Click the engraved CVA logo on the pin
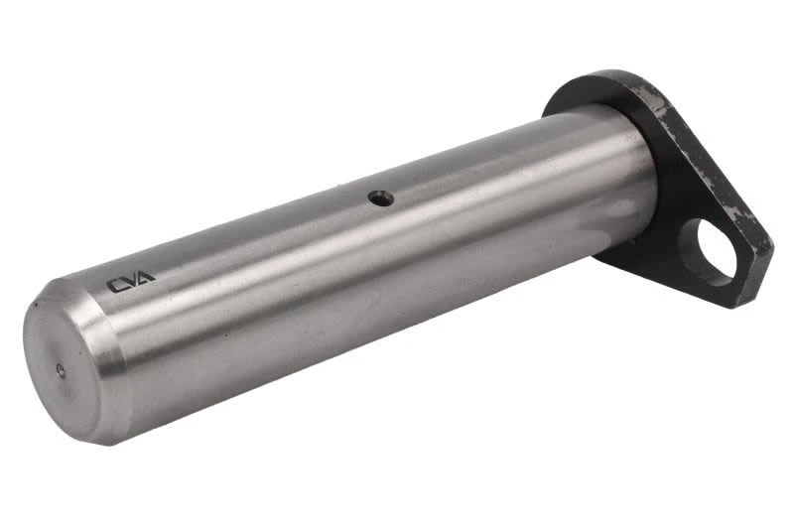[x=131, y=282]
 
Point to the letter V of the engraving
[x=131, y=281]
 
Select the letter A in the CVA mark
[x=146, y=277]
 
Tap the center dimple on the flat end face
[x=61, y=371]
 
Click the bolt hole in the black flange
[x=708, y=251]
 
